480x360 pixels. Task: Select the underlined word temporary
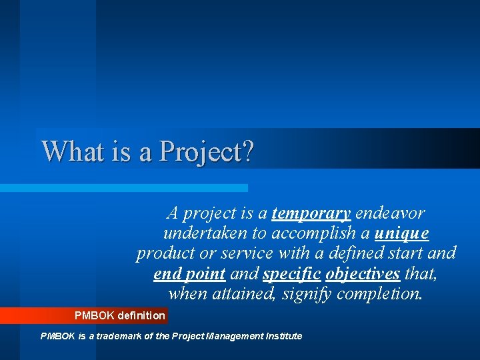tap(311, 213)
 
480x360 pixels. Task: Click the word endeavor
tap(390, 213)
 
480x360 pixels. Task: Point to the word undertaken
tap(204, 234)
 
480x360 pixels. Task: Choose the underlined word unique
tap(402, 234)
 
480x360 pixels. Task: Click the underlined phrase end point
tap(189, 274)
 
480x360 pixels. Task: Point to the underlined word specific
tap(291, 274)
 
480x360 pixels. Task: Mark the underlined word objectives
tap(363, 274)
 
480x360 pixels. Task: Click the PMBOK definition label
tap(119, 315)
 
